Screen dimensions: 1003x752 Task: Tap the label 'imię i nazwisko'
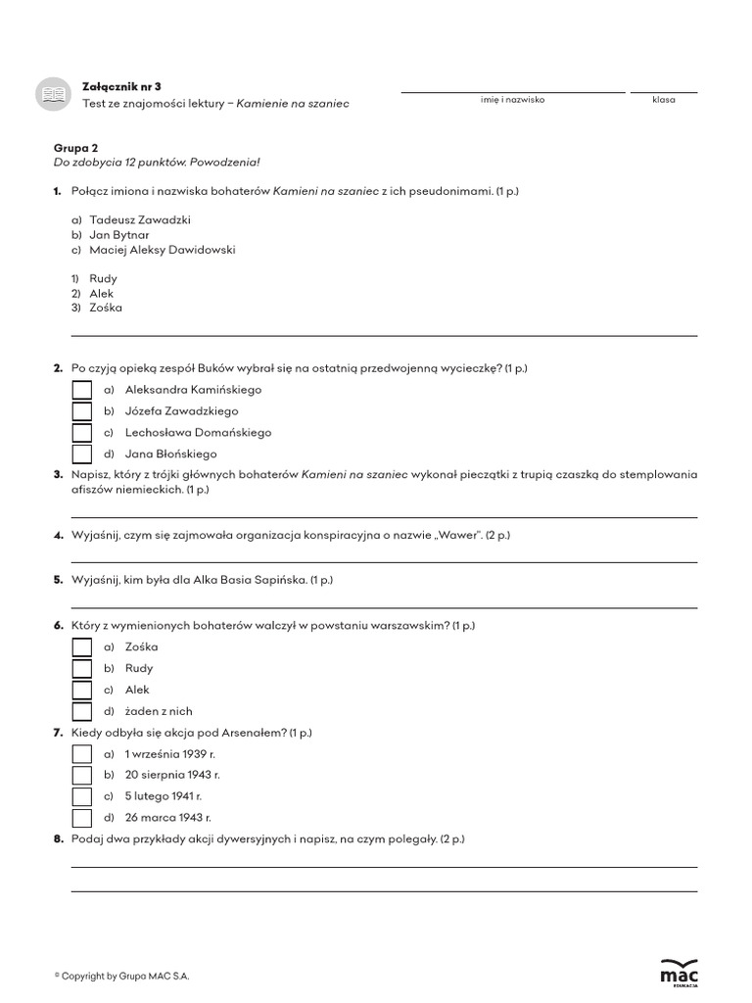(512, 101)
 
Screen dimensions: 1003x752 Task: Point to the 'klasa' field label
(663, 101)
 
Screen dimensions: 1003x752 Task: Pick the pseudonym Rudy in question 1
(103, 279)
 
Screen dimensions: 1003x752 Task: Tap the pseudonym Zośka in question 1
(106, 308)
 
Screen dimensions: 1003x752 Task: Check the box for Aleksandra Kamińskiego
(82, 390)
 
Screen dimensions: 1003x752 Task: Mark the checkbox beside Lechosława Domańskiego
(82, 433)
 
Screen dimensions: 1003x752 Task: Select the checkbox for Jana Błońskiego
(82, 454)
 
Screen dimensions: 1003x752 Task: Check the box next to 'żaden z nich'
(82, 712)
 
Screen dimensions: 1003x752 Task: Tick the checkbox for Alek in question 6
(82, 691)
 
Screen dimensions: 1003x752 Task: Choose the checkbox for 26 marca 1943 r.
(82, 818)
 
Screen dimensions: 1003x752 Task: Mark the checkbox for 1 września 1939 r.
(82, 754)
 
